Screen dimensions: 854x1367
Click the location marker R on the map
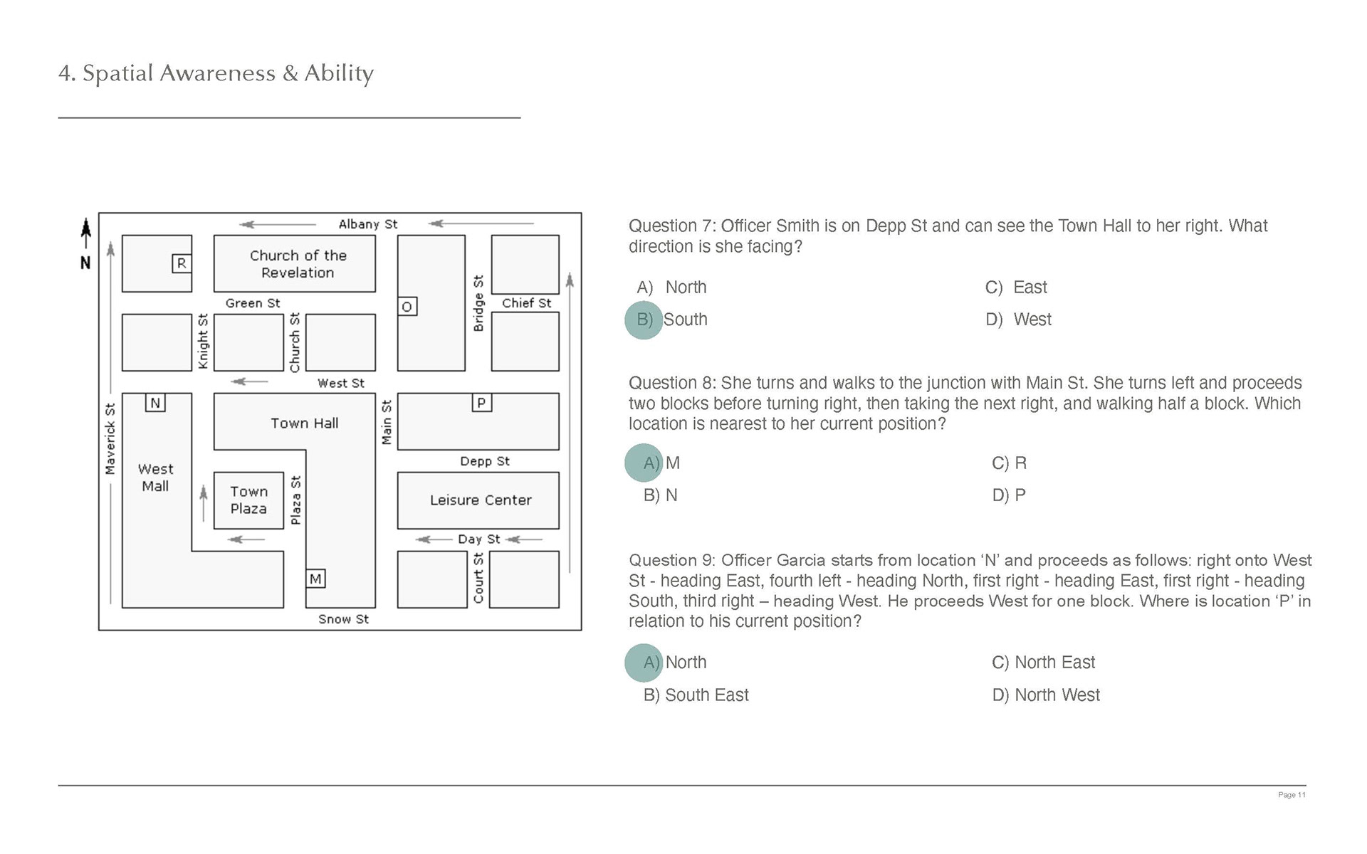pyautogui.click(x=182, y=264)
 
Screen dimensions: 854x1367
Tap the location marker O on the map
pyautogui.click(x=407, y=307)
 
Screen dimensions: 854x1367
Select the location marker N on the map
pyautogui.click(x=155, y=404)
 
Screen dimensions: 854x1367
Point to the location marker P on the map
pyautogui.click(x=481, y=404)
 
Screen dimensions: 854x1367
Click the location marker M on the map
pyautogui.click(x=315, y=579)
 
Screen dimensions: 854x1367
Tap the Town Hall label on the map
pyautogui.click(x=304, y=423)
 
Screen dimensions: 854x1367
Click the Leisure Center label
pyautogui.click(x=481, y=500)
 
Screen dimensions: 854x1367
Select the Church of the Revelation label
pyautogui.click(x=298, y=264)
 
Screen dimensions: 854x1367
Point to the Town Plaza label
pyautogui.click(x=248, y=500)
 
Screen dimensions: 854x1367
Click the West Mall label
pyautogui.click(x=155, y=478)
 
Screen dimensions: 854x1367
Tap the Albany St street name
pyautogui.click(x=367, y=224)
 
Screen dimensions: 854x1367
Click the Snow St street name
pyautogui.click(x=343, y=619)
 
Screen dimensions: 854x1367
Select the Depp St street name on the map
pyautogui.click(x=484, y=461)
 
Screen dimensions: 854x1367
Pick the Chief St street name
pyautogui.click(x=526, y=303)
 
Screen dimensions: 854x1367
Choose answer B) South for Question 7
pyautogui.click(x=684, y=320)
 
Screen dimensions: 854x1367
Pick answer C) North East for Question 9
pyautogui.click(x=1043, y=663)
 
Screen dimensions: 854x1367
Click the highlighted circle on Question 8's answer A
pyautogui.click(x=644, y=463)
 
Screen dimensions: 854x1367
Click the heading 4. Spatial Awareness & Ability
pyautogui.click(x=216, y=73)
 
